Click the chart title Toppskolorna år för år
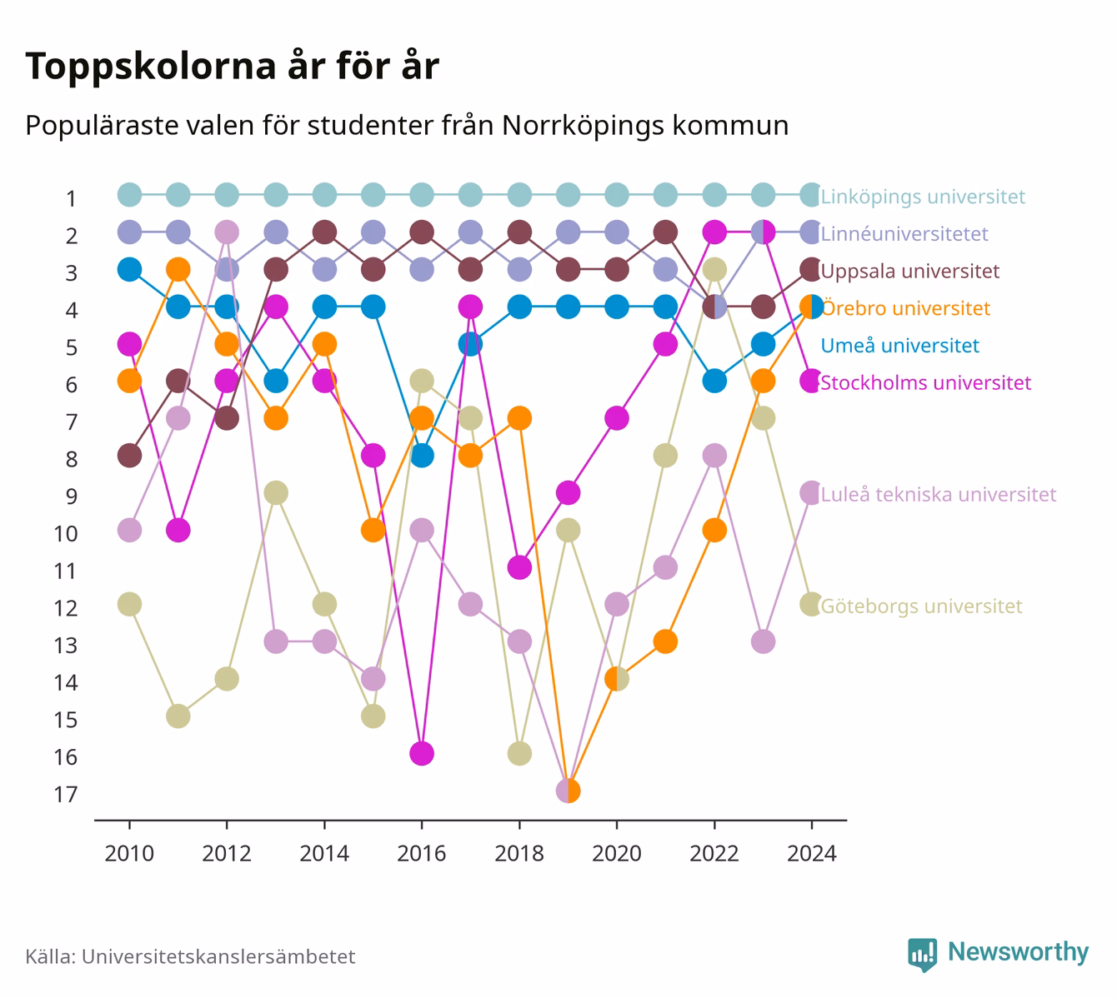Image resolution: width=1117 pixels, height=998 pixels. [232, 66]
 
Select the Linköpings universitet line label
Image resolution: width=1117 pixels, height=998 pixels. [923, 197]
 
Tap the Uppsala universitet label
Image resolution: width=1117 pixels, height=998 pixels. [909, 271]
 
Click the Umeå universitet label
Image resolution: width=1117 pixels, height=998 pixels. [899, 346]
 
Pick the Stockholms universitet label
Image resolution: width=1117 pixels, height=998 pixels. [925, 382]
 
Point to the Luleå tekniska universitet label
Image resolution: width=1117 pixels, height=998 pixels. [939, 494]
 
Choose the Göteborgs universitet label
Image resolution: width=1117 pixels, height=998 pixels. [921, 606]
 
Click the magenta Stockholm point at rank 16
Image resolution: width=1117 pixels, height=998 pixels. [422, 753]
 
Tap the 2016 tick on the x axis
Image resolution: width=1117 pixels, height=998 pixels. [422, 825]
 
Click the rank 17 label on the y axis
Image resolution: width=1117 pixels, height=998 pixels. [66, 795]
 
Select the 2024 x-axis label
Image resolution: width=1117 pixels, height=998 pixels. [812, 854]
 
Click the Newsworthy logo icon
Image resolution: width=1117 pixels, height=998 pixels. [922, 955]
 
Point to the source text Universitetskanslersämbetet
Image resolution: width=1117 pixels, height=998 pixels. [218, 956]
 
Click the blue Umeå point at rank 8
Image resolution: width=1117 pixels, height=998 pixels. [422, 456]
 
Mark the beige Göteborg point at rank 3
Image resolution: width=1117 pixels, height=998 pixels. [714, 269]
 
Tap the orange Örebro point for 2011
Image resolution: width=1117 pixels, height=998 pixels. [178, 269]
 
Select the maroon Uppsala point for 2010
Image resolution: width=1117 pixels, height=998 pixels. [129, 456]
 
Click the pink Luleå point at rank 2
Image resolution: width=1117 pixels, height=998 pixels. [227, 232]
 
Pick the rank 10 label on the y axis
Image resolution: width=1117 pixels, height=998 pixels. [66, 534]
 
